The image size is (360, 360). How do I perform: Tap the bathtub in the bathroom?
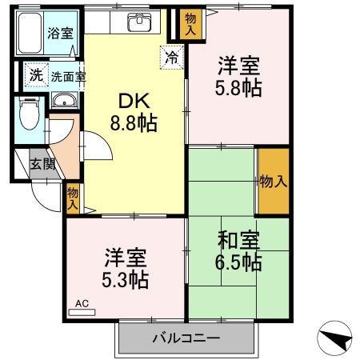click(x=31, y=34)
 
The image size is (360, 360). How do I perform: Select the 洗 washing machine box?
click(x=35, y=75)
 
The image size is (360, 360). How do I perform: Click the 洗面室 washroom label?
click(x=69, y=78)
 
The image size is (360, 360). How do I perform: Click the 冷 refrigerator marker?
click(x=172, y=56)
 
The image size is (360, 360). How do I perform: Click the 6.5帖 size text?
click(x=238, y=262)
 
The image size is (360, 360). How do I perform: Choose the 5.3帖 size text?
click(x=125, y=280)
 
